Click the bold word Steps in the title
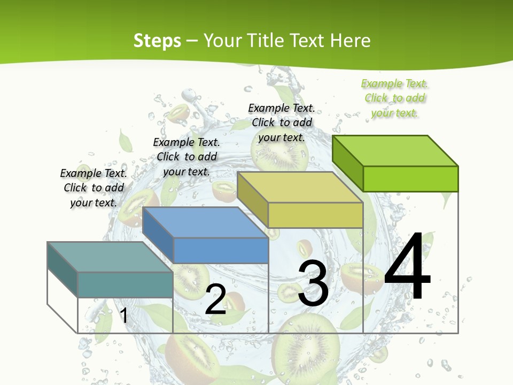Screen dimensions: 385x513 (157, 41)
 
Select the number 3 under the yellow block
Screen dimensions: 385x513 (313, 283)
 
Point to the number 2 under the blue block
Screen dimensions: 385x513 (215, 299)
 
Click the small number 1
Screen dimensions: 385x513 (124, 315)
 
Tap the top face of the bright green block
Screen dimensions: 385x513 (395, 150)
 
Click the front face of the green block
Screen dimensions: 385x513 (410, 179)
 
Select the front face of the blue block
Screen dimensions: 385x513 (221, 250)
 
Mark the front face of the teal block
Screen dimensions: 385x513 (125, 284)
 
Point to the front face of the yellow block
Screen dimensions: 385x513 (315, 215)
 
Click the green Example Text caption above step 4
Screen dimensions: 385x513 (394, 98)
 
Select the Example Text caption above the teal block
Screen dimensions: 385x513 (94, 188)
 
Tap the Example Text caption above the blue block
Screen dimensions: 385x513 (186, 157)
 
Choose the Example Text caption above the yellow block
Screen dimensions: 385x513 (282, 122)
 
